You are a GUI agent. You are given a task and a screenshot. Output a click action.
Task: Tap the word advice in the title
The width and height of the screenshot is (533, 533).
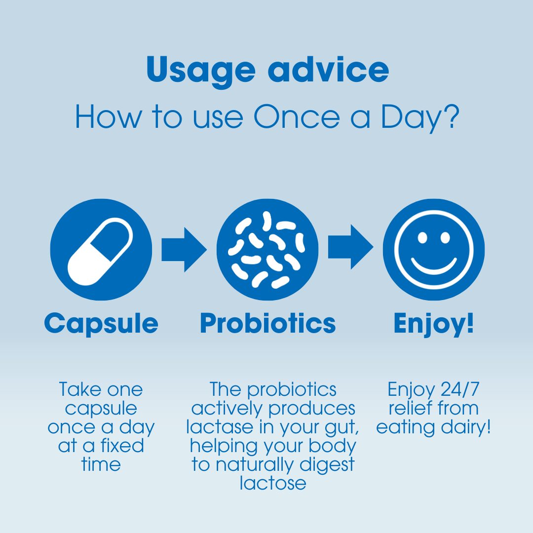coord(328,70)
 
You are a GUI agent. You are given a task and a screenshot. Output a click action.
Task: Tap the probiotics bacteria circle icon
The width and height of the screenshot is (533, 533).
coord(267,249)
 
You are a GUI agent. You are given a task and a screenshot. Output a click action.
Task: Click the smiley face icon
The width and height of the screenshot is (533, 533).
coord(434,249)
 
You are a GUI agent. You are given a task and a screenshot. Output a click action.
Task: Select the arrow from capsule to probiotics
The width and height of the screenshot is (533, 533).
coord(184,249)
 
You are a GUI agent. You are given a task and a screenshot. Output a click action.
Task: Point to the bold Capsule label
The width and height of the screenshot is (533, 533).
coord(101,323)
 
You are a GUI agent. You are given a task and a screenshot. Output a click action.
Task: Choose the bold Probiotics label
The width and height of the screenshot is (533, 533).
coord(267,323)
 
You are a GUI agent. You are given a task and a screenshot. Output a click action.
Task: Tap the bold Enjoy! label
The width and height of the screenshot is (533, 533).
coord(434,323)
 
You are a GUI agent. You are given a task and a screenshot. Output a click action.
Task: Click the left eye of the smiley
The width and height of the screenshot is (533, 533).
coord(422,237)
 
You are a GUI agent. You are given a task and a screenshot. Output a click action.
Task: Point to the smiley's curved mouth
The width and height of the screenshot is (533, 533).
coord(434,266)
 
